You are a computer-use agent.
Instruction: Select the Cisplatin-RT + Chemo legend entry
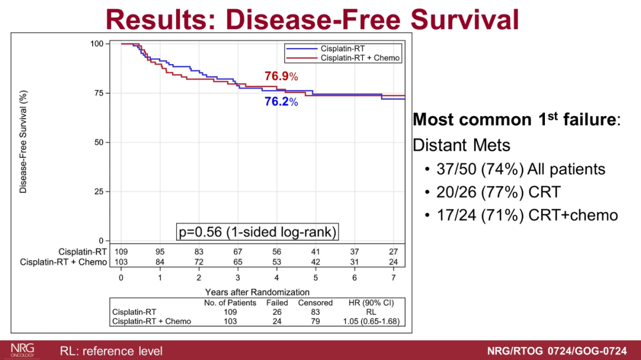360,58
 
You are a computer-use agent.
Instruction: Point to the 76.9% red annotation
281,77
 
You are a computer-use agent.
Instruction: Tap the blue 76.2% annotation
281,102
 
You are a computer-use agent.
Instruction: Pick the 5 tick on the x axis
316,278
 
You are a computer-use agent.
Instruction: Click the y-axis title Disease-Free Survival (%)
23,141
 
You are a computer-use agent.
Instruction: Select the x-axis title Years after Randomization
257,292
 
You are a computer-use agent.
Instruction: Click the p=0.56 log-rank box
257,232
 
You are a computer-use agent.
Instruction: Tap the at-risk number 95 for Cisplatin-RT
160,251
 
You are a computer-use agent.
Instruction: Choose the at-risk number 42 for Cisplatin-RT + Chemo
316,262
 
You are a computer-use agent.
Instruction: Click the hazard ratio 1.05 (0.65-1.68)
371,321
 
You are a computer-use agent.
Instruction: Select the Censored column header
315,302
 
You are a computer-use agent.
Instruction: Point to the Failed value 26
277,312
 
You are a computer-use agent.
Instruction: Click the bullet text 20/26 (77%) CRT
499,192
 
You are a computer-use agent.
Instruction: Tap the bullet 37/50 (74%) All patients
521,170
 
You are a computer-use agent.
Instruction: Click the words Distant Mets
461,145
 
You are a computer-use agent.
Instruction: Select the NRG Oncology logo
23,350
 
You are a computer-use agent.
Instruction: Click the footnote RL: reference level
111,351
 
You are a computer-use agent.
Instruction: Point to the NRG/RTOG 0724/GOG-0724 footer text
556,351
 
